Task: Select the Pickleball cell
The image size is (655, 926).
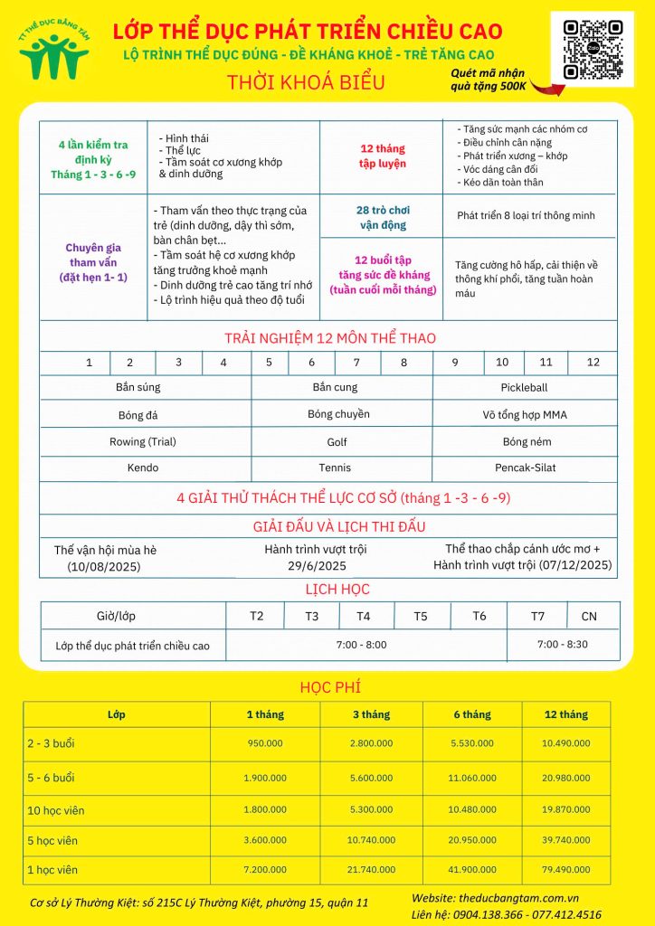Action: (x=524, y=387)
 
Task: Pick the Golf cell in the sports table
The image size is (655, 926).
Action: (x=337, y=442)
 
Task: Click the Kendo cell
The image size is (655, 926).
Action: (x=143, y=468)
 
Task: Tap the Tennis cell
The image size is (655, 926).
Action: (x=335, y=468)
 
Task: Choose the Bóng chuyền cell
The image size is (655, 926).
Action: (x=338, y=414)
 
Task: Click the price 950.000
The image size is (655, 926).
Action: (x=265, y=743)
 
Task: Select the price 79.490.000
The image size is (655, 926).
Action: (x=565, y=869)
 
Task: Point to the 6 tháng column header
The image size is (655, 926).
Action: (x=472, y=714)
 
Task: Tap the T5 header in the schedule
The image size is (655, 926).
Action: (x=421, y=616)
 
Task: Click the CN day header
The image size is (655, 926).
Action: (x=589, y=616)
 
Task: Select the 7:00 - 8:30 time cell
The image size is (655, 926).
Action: (x=562, y=645)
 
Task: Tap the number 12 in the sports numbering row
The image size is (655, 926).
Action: (x=593, y=362)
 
